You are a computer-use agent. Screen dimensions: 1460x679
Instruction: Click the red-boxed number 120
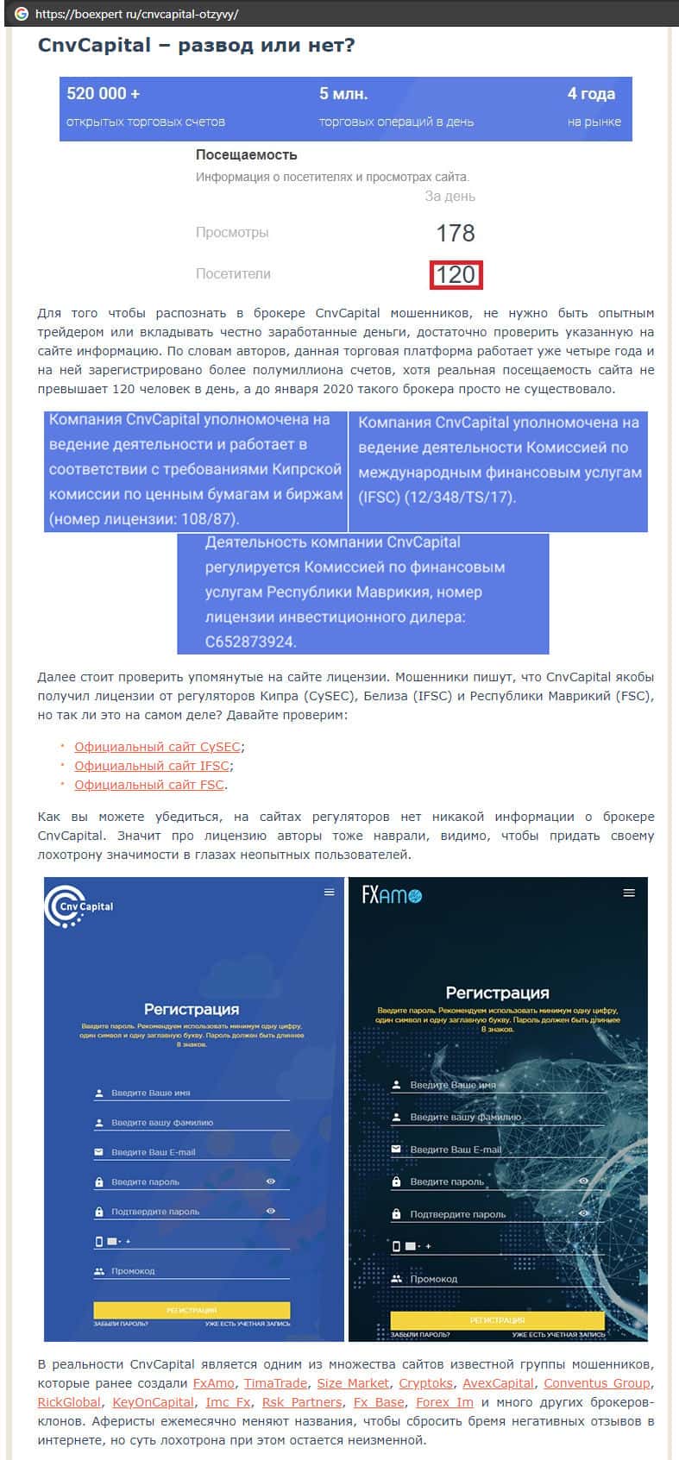click(x=456, y=274)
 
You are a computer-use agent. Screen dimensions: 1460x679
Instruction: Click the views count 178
click(x=456, y=233)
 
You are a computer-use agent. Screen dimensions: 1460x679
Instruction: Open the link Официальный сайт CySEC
click(x=157, y=747)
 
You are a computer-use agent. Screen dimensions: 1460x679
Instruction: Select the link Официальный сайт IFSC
click(x=152, y=766)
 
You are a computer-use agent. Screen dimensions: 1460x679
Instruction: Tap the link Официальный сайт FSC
click(x=148, y=785)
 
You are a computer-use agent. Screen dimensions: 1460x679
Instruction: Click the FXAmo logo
click(x=392, y=895)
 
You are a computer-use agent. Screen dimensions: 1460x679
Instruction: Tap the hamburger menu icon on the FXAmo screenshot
click(x=628, y=893)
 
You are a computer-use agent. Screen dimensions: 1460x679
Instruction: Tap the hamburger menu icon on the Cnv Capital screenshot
click(x=329, y=893)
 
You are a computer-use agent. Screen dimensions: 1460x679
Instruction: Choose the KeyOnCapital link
click(x=153, y=1402)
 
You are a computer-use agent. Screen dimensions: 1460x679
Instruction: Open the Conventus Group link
click(x=596, y=1383)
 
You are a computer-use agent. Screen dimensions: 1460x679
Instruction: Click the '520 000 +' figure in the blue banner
click(x=103, y=93)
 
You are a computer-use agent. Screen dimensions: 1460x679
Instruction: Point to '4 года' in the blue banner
click(x=591, y=93)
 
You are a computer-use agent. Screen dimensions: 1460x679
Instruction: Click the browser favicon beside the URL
click(x=22, y=14)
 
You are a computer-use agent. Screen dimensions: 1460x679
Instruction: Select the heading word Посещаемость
click(x=246, y=155)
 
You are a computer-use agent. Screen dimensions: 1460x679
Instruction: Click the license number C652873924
click(x=250, y=642)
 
